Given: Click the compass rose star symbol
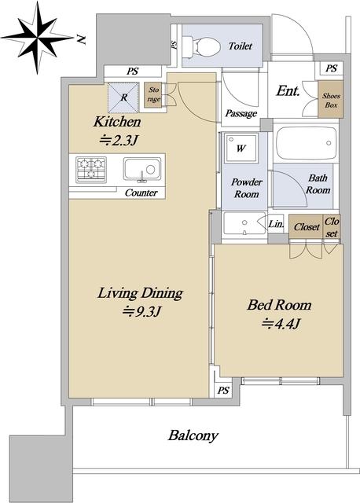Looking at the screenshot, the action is (x=39, y=38).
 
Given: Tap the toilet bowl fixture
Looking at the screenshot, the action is (x=202, y=46).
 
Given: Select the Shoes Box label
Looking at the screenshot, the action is (x=331, y=100).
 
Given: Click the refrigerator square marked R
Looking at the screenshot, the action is (x=123, y=97).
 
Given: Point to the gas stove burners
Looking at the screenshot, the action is (x=91, y=169).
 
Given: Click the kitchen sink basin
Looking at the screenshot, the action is (x=142, y=169).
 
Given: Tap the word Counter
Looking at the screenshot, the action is (x=141, y=193).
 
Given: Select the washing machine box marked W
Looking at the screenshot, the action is (x=241, y=149).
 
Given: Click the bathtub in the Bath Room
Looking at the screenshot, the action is (x=307, y=143).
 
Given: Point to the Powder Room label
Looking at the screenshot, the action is (x=246, y=188).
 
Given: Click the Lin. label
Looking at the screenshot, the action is (x=276, y=223).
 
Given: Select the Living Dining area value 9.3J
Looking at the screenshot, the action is (x=141, y=311).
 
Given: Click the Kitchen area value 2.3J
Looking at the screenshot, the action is (x=119, y=140).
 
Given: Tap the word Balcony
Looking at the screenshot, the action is (x=193, y=435).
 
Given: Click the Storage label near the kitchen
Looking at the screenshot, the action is (x=153, y=94).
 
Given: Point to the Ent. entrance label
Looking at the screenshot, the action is (x=288, y=91).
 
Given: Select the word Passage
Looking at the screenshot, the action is (x=241, y=113).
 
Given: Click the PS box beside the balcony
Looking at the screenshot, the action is (x=223, y=390).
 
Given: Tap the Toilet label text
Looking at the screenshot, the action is (x=241, y=46).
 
